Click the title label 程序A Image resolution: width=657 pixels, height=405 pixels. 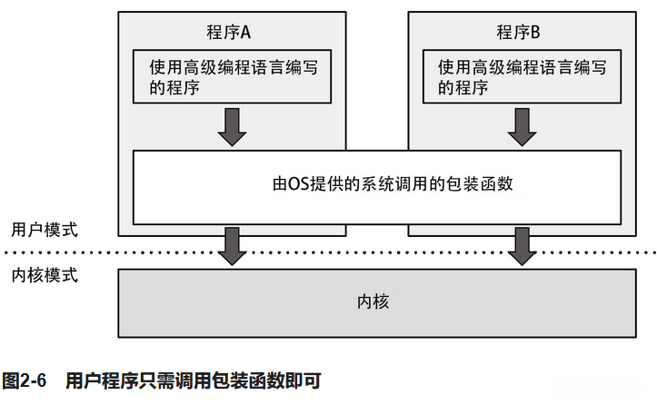(227, 33)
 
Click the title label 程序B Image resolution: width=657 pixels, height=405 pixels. (518, 33)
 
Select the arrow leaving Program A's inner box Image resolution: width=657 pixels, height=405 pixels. (232, 126)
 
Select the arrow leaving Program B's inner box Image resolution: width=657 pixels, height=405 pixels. (523, 126)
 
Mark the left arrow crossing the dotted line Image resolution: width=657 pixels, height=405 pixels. (232, 245)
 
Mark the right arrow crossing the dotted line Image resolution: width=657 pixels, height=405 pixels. (523, 245)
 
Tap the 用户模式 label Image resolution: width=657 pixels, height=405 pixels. (45, 228)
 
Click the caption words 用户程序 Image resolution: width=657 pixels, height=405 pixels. (97, 380)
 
